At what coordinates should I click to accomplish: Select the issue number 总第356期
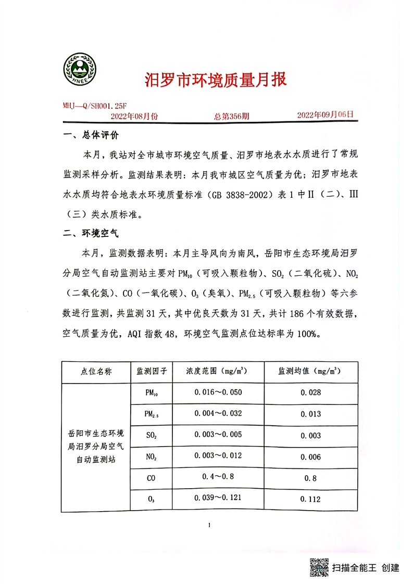(231, 116)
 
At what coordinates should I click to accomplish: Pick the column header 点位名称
(96, 372)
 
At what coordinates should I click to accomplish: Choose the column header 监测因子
(151, 372)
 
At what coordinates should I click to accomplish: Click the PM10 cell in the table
(151, 393)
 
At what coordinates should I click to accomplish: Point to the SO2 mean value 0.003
(310, 436)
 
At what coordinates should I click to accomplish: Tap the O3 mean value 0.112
(310, 499)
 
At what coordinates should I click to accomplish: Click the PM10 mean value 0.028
(310, 393)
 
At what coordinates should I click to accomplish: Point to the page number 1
(208, 525)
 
